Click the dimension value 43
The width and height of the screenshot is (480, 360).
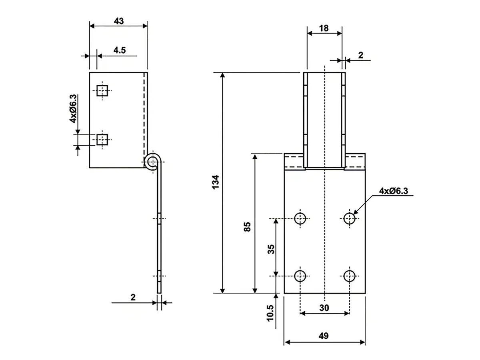[x=118, y=21]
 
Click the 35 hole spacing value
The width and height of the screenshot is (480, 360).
[x=271, y=250]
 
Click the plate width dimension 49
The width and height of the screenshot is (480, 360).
[x=324, y=336]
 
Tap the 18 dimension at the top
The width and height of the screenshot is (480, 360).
[x=324, y=28]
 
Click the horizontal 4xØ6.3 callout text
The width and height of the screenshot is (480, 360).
[x=394, y=191]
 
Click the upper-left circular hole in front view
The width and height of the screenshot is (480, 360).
[x=300, y=218]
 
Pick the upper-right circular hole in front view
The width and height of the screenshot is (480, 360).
[x=350, y=218]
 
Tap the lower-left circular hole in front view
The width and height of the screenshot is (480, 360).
[x=300, y=275]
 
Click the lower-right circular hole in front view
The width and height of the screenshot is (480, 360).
[x=350, y=275]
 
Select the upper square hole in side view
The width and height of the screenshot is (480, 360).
[x=103, y=91]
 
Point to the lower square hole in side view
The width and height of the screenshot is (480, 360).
[x=103, y=140]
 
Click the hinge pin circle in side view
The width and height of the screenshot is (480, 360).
[x=152, y=162]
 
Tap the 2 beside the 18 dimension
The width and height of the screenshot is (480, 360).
[x=361, y=55]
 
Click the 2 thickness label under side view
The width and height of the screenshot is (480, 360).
[x=133, y=297]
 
